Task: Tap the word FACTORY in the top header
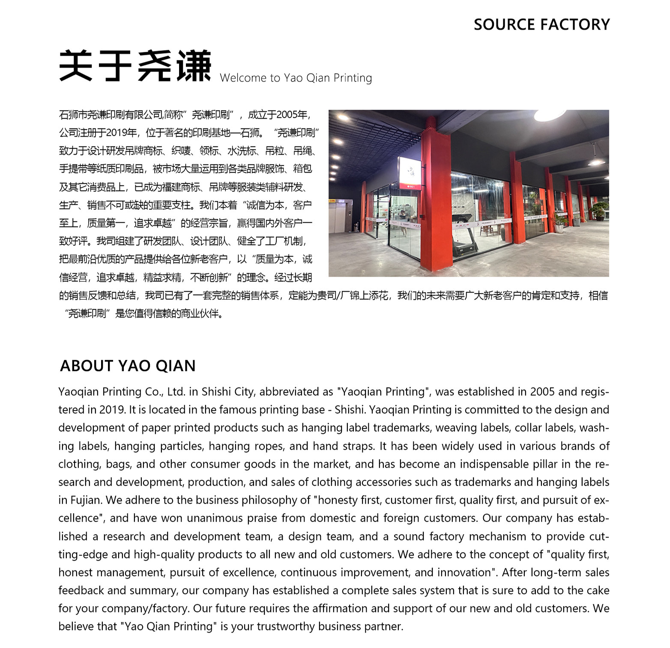click(575, 24)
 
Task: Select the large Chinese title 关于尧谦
click(135, 66)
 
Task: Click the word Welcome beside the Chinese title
click(243, 78)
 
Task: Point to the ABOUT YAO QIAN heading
click(128, 366)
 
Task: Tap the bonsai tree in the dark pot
click(600, 210)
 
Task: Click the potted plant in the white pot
click(559, 221)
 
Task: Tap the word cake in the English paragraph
click(597, 591)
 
